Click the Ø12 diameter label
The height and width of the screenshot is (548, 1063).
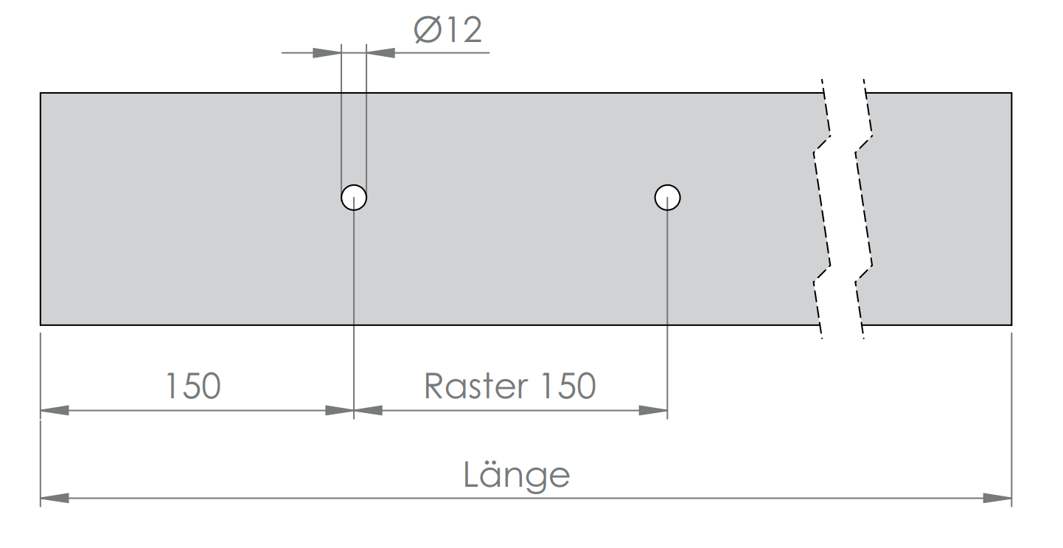pos(448,30)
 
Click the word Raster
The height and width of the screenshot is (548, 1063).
pos(476,386)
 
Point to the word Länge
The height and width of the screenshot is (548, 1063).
pos(516,474)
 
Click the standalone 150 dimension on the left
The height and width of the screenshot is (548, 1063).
pos(193,386)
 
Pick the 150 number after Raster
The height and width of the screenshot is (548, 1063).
pos(568,386)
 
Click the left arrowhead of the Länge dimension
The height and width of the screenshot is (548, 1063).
pos(55,498)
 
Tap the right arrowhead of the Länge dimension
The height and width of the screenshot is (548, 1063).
pos(997,498)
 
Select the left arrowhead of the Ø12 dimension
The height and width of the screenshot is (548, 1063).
pos(327,52)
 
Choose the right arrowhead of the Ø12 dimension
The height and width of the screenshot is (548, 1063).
pos(380,52)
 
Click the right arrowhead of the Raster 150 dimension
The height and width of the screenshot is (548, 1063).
pos(653,410)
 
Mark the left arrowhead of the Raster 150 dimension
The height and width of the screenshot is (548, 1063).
pos(369,410)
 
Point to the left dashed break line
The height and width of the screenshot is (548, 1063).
pos(822,209)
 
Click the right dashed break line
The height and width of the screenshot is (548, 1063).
pos(864,209)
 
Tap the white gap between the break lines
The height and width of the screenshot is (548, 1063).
pos(843,209)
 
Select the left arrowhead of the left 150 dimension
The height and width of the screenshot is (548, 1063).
pos(55,410)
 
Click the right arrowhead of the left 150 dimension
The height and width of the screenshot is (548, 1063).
pos(339,410)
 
